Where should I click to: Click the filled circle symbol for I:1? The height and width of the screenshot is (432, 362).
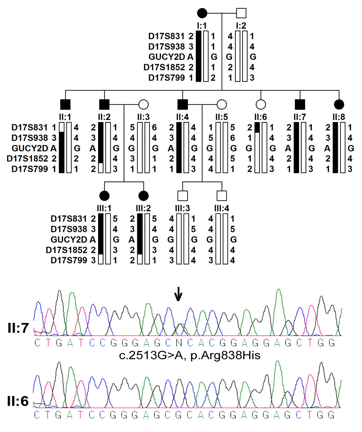pyautogui.click(x=202, y=13)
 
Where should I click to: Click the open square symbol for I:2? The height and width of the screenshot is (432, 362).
pyautogui.click(x=241, y=13)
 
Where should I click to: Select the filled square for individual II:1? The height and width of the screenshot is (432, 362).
pyautogui.click(x=65, y=104)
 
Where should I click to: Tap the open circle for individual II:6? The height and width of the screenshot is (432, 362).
pyautogui.click(x=261, y=104)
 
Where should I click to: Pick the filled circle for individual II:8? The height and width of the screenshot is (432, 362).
pyautogui.click(x=339, y=104)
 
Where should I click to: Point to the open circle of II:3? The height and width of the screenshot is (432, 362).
pyautogui.click(x=144, y=104)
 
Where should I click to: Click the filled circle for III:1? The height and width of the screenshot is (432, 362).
pyautogui.click(x=104, y=196)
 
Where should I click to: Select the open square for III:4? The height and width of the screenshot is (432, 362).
pyautogui.click(x=222, y=196)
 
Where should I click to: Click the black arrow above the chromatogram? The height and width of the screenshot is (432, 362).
pyautogui.click(x=178, y=294)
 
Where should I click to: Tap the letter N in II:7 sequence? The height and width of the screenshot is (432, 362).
pyautogui.click(x=179, y=343)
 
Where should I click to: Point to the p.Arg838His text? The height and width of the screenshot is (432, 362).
pyautogui.click(x=225, y=355)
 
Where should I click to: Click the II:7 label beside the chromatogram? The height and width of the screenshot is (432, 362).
pyautogui.click(x=18, y=328)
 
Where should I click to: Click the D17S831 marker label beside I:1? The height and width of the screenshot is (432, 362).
pyautogui.click(x=166, y=36)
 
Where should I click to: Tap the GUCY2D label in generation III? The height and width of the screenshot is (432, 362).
pyautogui.click(x=68, y=240)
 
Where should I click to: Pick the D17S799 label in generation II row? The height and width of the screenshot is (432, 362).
pyautogui.click(x=29, y=169)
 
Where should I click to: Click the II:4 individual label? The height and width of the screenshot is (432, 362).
pyautogui.click(x=182, y=117)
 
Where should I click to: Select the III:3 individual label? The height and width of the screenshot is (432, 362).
pyautogui.click(x=182, y=208)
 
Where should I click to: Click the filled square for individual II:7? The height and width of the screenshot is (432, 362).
pyautogui.click(x=300, y=104)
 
